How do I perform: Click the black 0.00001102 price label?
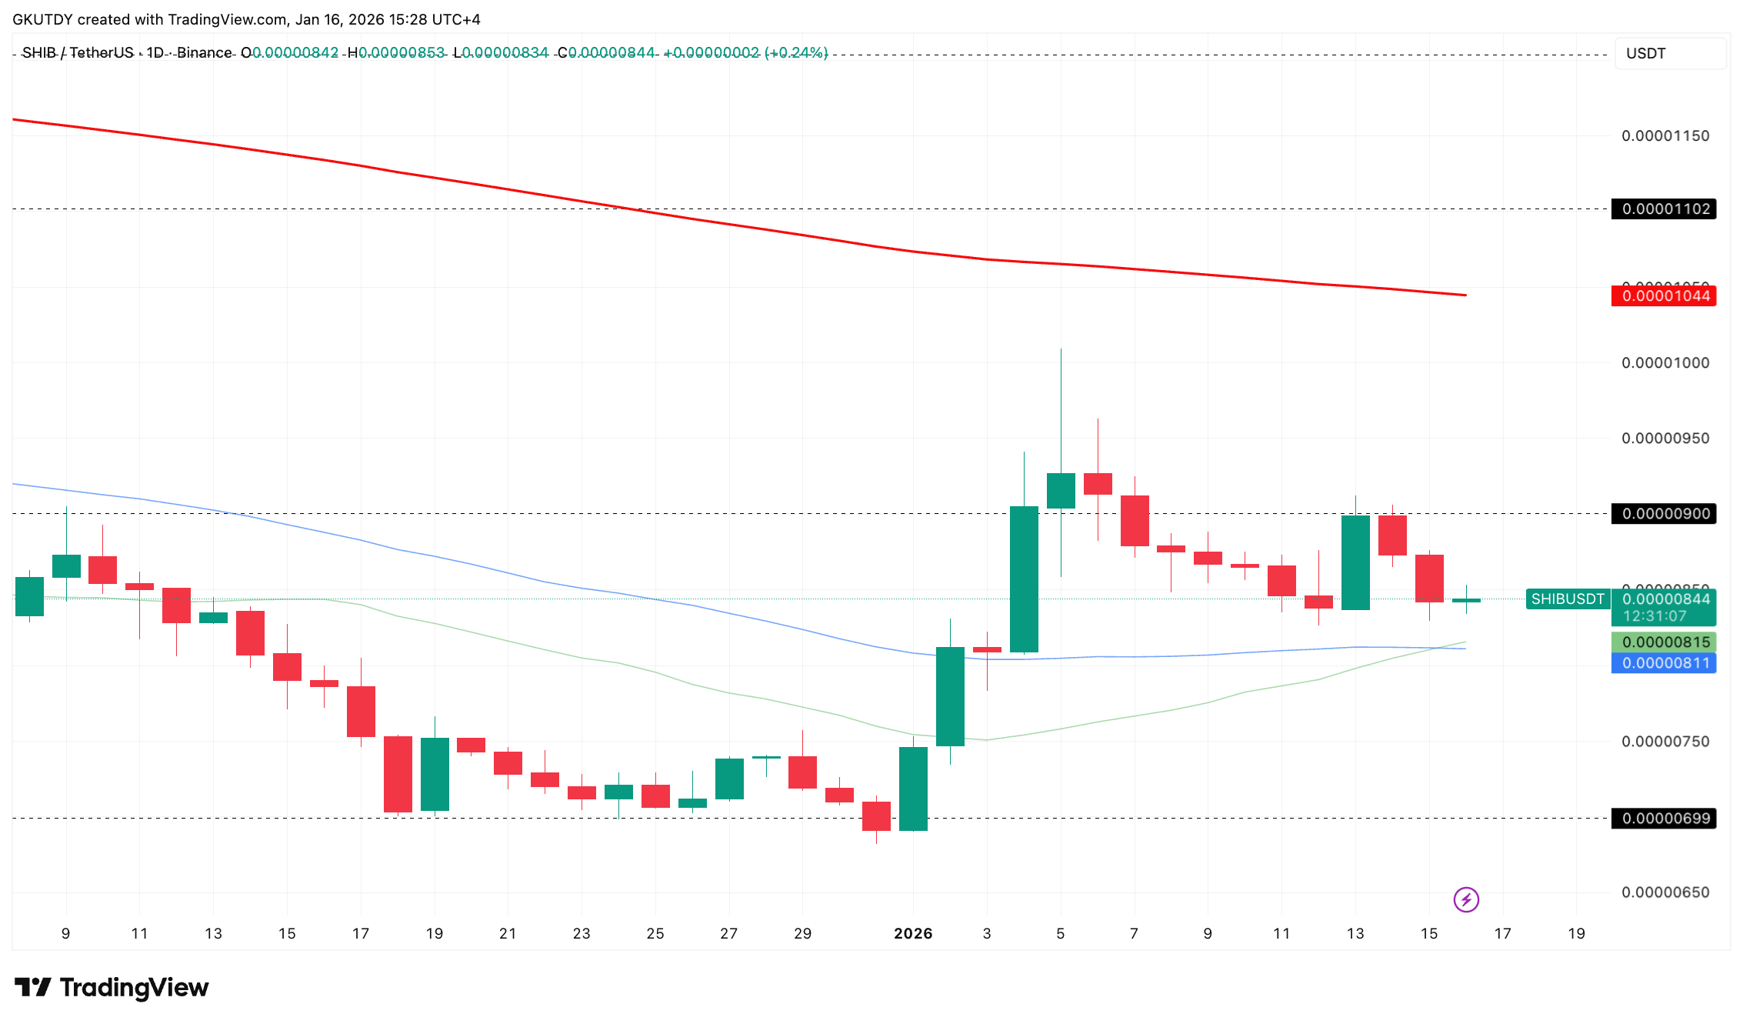pyautogui.click(x=1665, y=208)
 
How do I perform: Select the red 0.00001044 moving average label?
pyautogui.click(x=1665, y=296)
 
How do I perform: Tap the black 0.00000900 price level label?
pyautogui.click(x=1665, y=513)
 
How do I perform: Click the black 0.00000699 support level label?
pyautogui.click(x=1665, y=818)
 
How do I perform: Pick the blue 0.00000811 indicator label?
pyautogui.click(x=1665, y=663)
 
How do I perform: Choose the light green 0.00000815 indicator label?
pyautogui.click(x=1665, y=642)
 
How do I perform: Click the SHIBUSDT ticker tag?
pyautogui.click(x=1567, y=599)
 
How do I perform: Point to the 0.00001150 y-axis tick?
pyautogui.click(x=1665, y=136)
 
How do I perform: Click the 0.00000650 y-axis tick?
pyautogui.click(x=1665, y=892)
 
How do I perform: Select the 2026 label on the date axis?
pyautogui.click(x=913, y=933)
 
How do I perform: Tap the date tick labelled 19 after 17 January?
pyautogui.click(x=1576, y=933)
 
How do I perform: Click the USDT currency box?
pyautogui.click(x=1670, y=53)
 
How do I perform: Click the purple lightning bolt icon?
pyautogui.click(x=1466, y=899)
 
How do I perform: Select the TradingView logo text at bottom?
pyautogui.click(x=112, y=987)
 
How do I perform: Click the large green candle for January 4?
pyautogui.click(x=1024, y=579)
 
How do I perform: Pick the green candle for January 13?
pyautogui.click(x=1355, y=562)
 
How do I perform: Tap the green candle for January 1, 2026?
pyautogui.click(x=913, y=789)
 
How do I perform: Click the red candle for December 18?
pyautogui.click(x=398, y=774)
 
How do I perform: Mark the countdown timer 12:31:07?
pyautogui.click(x=1655, y=616)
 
